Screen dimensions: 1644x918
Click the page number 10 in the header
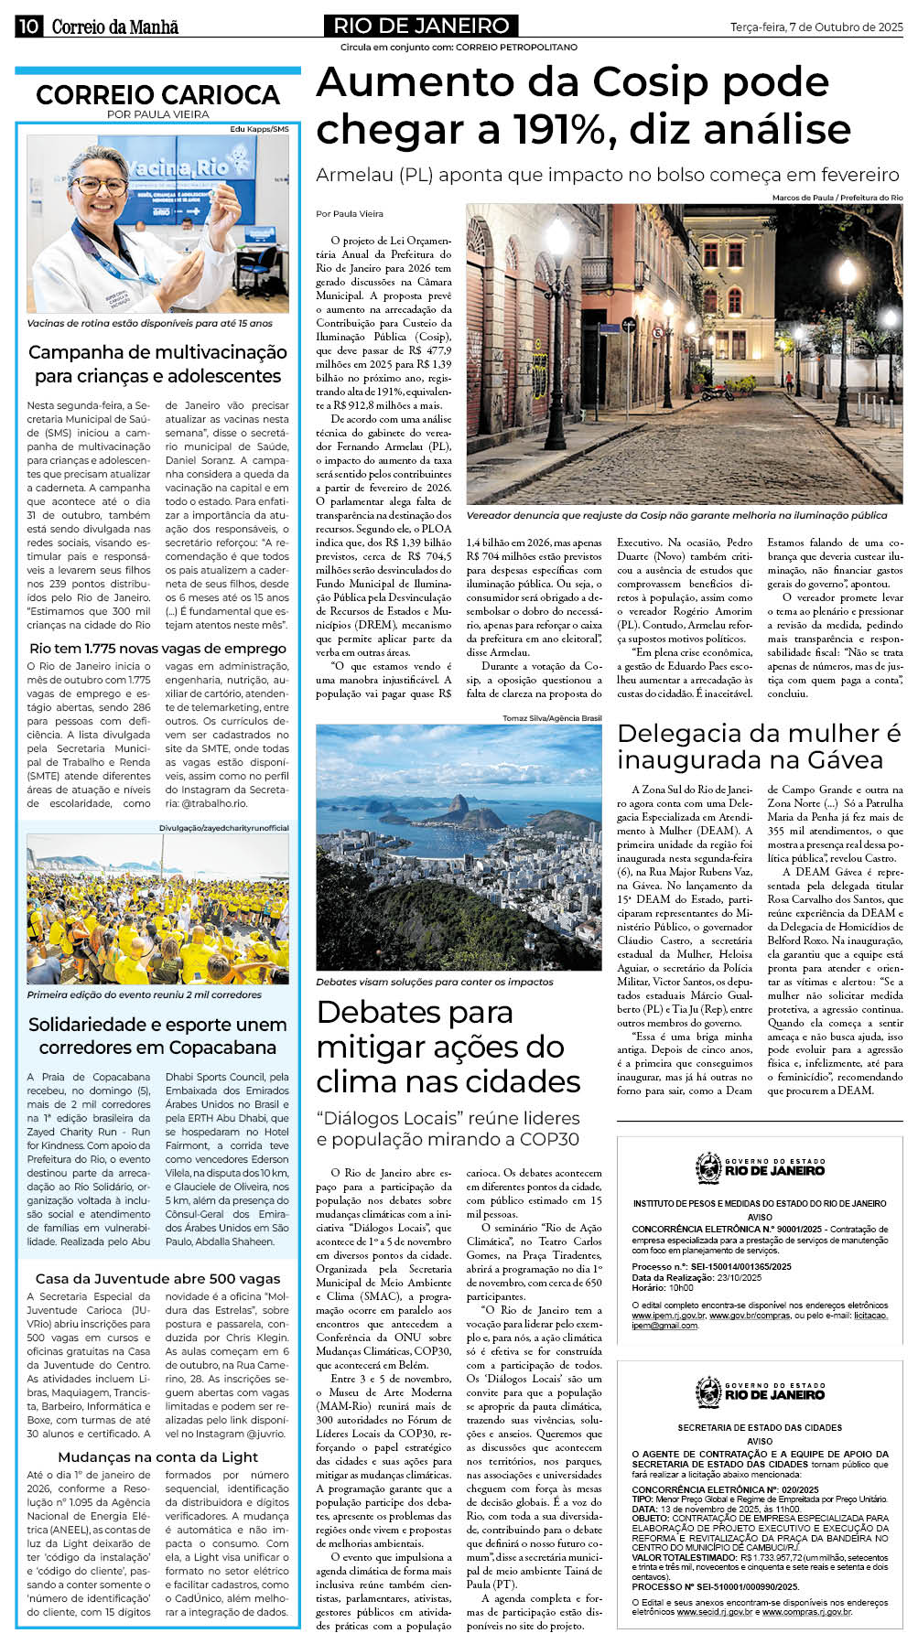click(27, 26)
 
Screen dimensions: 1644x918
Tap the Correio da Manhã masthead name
click(115, 27)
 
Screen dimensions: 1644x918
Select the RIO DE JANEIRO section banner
click(421, 26)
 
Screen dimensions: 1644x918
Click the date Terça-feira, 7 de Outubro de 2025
click(816, 27)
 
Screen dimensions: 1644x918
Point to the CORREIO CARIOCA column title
click(157, 94)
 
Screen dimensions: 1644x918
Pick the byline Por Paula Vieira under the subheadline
click(350, 214)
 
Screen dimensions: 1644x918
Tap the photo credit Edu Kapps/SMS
click(259, 129)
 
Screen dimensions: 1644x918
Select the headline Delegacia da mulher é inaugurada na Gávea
click(759, 747)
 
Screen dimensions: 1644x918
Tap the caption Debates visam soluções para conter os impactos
click(435, 982)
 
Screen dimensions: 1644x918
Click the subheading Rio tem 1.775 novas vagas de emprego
click(157, 648)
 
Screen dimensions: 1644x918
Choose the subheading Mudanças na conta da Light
click(157, 1456)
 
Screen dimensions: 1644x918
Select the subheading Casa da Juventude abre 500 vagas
click(157, 1278)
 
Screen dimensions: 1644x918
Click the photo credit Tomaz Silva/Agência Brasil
click(552, 718)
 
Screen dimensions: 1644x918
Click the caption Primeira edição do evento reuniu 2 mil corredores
click(145, 994)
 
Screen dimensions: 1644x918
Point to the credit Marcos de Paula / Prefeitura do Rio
click(837, 198)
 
